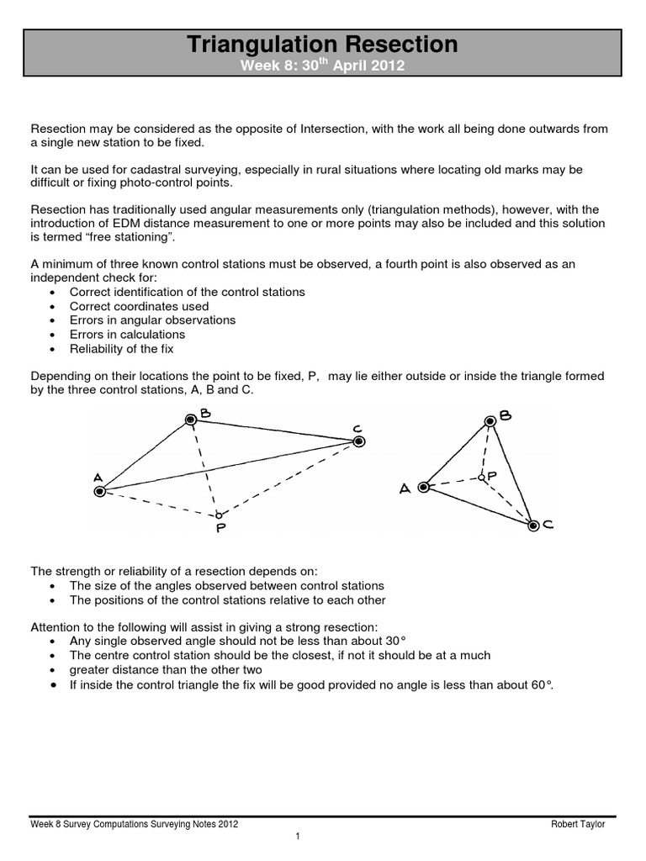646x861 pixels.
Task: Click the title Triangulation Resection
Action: pos(322,45)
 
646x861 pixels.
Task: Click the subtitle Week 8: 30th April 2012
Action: pos(322,66)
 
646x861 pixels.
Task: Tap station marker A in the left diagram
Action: pos(100,492)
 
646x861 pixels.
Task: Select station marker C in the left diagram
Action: pos(358,441)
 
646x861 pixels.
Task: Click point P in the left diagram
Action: pos(218,515)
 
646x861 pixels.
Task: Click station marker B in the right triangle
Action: pos(490,421)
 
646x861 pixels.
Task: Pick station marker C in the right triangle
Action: pos(532,526)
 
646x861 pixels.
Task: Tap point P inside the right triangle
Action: pos(481,477)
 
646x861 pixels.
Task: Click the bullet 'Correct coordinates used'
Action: pos(139,306)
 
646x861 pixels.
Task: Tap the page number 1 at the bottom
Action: pos(298,837)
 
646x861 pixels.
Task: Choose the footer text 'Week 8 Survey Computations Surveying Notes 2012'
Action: pos(134,824)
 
